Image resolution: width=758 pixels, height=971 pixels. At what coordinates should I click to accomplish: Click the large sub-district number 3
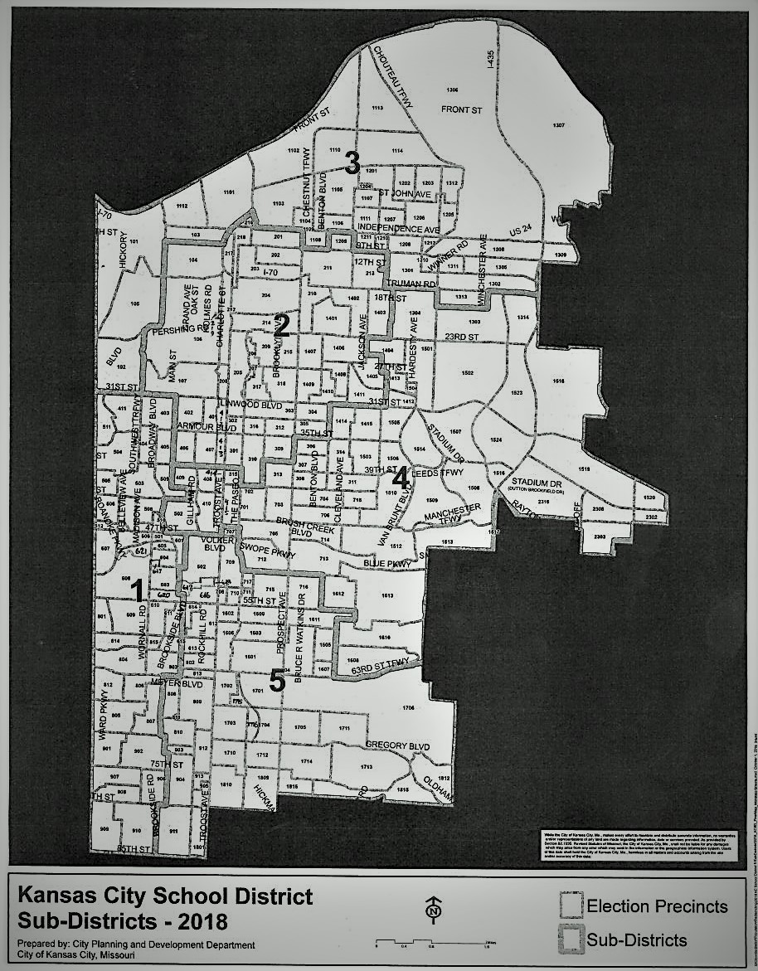click(x=352, y=163)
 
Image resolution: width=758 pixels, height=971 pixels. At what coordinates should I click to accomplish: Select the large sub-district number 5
click(x=277, y=680)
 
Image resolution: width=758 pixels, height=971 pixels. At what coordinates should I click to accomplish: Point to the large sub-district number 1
click(x=138, y=589)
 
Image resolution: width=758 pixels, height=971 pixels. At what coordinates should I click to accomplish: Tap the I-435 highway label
click(x=490, y=59)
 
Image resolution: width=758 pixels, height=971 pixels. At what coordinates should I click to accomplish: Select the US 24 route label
click(x=520, y=229)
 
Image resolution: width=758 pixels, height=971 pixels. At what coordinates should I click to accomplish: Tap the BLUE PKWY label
click(x=387, y=564)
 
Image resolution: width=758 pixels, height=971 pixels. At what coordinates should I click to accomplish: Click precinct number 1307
click(x=558, y=125)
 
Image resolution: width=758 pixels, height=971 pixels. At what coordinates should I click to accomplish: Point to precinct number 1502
click(x=467, y=374)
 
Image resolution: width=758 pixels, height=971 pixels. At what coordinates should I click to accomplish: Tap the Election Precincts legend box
click(x=571, y=905)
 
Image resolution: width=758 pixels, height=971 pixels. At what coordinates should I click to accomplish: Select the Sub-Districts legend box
click(x=571, y=939)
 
